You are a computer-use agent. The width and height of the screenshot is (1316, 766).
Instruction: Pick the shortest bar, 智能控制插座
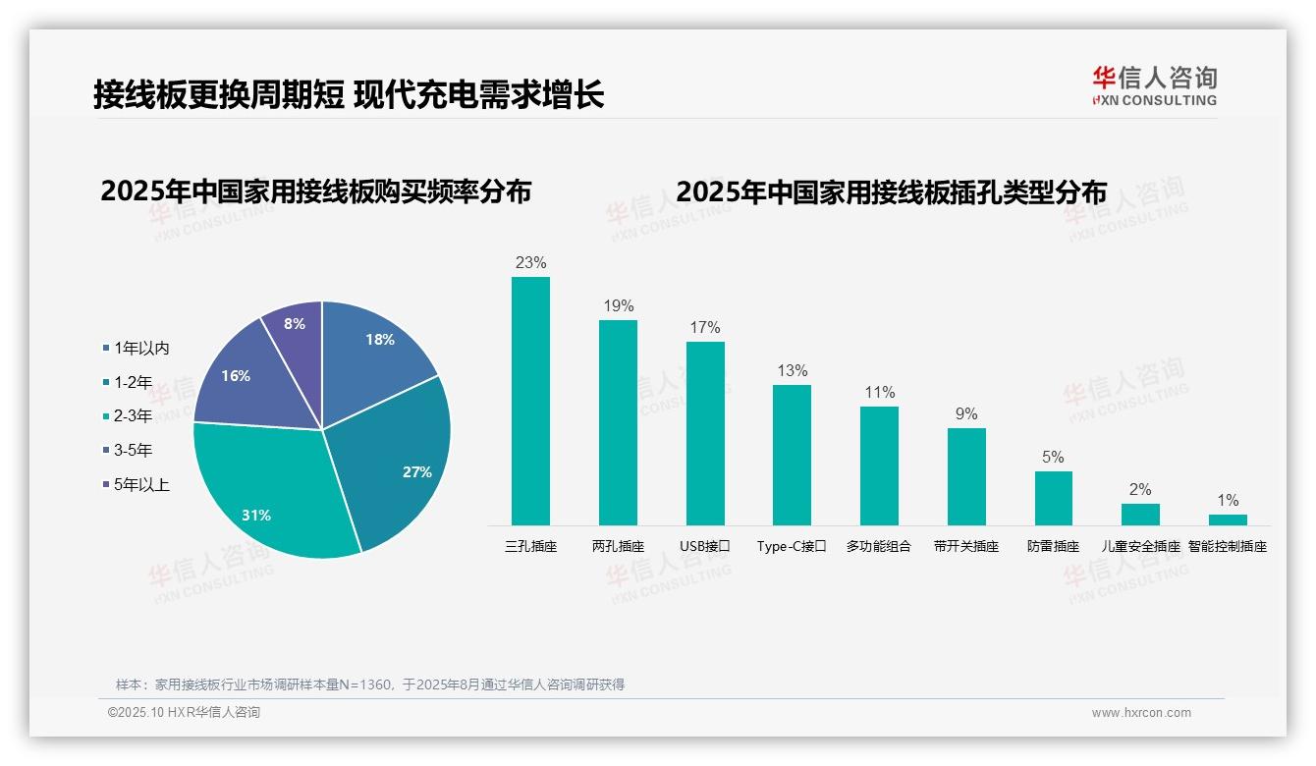1228,520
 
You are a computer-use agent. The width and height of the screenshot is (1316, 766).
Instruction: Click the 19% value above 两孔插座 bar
618,305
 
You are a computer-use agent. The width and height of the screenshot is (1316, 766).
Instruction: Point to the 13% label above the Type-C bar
792,370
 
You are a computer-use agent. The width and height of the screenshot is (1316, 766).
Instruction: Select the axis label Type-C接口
792,546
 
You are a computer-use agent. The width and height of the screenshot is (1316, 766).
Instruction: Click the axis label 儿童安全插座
1140,546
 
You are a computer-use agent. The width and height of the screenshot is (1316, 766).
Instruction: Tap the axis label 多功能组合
879,546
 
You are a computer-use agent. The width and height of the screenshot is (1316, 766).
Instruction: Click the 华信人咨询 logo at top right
1154,85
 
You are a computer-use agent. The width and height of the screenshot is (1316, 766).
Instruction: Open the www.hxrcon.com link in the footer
1141,713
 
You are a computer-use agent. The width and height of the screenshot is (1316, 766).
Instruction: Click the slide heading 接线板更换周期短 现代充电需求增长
349,94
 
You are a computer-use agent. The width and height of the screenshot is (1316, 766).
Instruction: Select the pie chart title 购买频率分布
315,191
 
